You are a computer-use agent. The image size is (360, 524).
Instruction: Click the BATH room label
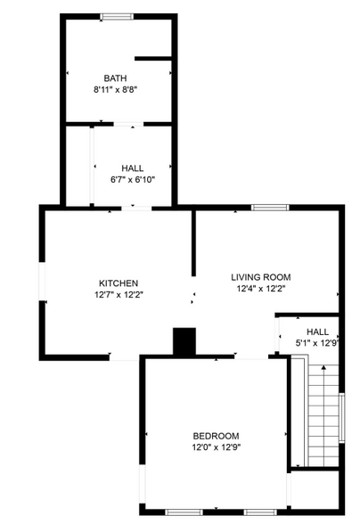(115, 78)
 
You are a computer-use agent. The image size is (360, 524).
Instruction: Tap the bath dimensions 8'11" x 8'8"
(115, 89)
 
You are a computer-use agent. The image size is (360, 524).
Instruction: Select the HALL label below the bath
(132, 168)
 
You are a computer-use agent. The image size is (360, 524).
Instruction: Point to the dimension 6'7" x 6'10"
(132, 179)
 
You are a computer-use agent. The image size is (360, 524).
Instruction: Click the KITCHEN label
(118, 282)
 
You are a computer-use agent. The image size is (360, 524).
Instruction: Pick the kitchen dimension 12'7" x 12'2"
(118, 294)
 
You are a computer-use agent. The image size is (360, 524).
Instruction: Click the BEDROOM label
(216, 435)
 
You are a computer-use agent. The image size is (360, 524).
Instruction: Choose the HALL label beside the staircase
(317, 332)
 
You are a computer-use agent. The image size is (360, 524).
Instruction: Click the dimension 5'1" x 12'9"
(317, 343)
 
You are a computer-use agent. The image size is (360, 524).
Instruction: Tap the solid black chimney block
(184, 340)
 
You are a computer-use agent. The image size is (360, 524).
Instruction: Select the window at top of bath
(114, 16)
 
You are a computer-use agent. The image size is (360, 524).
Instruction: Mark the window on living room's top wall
(269, 208)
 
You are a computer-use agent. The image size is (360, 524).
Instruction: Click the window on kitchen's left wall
(40, 283)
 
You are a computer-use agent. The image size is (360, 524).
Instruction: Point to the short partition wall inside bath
(152, 59)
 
